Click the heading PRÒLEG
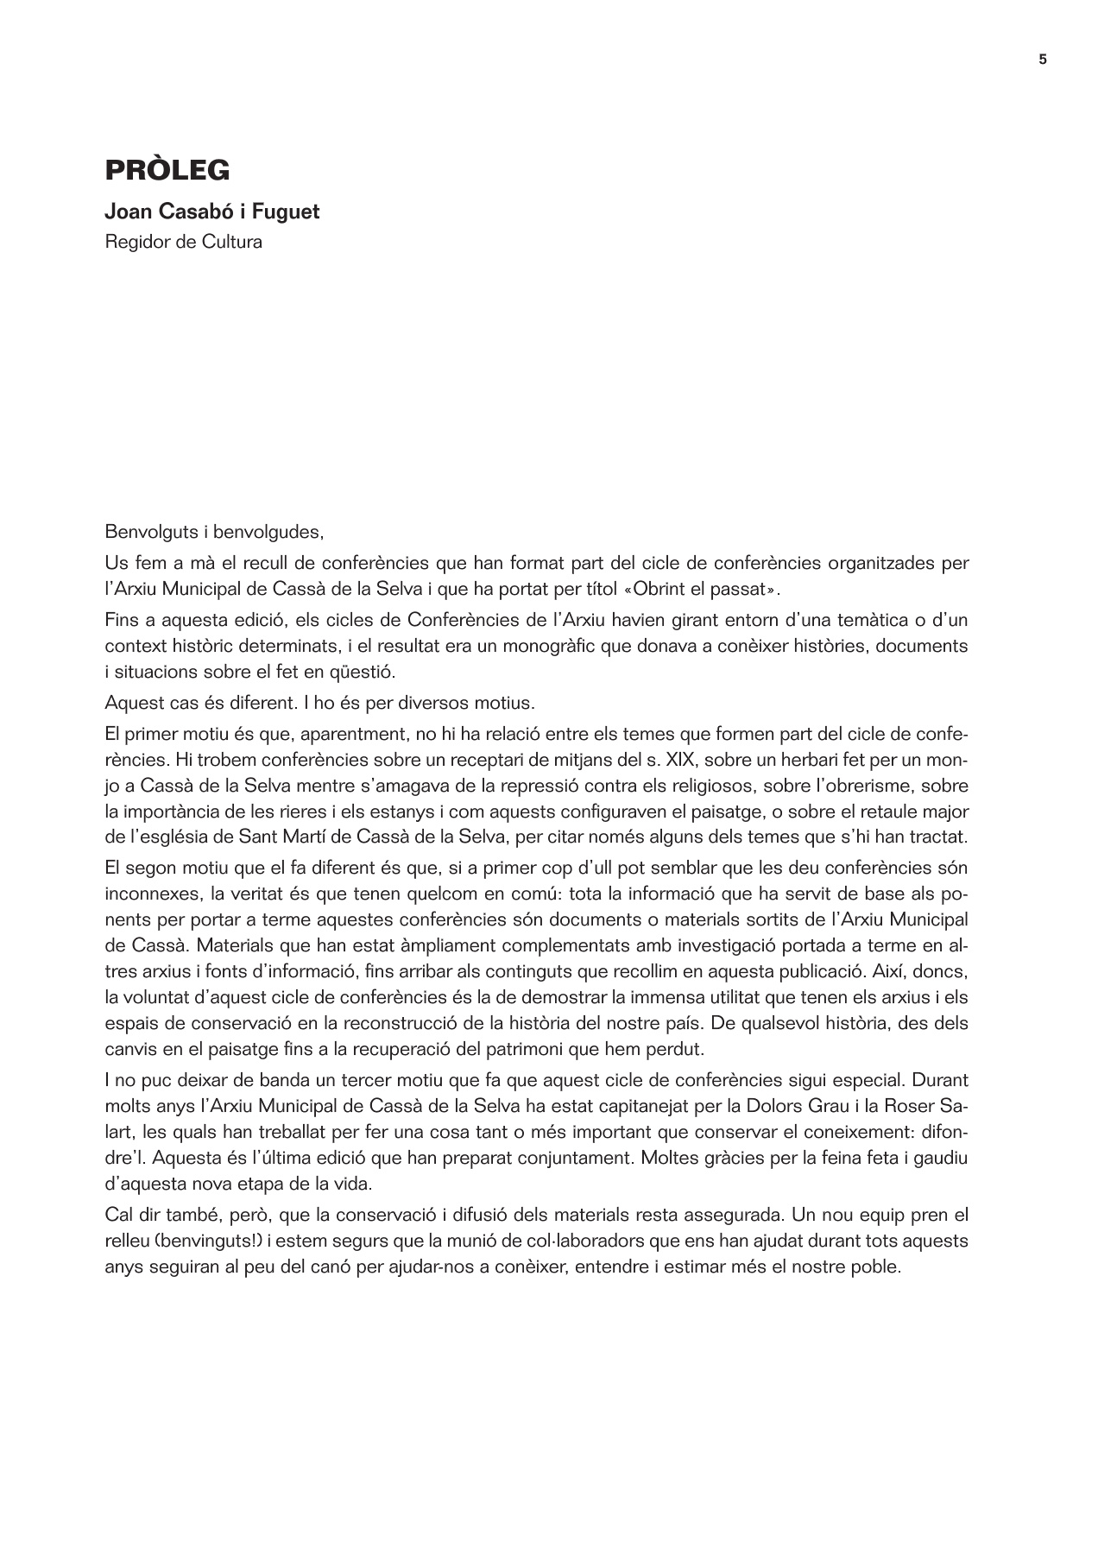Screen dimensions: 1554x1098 [x=167, y=170]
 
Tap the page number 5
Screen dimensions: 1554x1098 [x=1042, y=60]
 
